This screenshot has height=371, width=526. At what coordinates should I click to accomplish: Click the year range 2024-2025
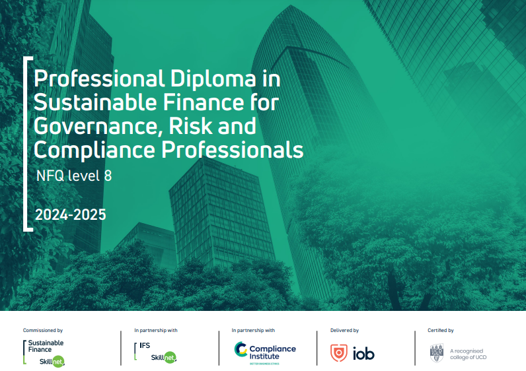pyautogui.click(x=71, y=215)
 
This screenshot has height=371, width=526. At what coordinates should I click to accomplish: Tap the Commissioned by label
pyautogui.click(x=43, y=330)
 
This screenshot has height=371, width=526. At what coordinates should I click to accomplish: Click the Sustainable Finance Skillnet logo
pyautogui.click(x=46, y=353)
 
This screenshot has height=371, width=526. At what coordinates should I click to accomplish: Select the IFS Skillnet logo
pyautogui.click(x=156, y=353)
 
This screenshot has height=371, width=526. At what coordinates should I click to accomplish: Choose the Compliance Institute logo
pyautogui.click(x=265, y=353)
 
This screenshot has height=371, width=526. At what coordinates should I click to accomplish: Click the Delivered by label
pyautogui.click(x=344, y=330)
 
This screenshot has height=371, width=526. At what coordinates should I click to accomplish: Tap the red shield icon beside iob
pyautogui.click(x=339, y=353)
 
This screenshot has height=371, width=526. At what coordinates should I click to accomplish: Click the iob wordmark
pyautogui.click(x=363, y=353)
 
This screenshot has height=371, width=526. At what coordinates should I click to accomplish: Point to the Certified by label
pyautogui.click(x=441, y=330)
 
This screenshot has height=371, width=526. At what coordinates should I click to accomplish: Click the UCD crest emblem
pyautogui.click(x=437, y=353)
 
